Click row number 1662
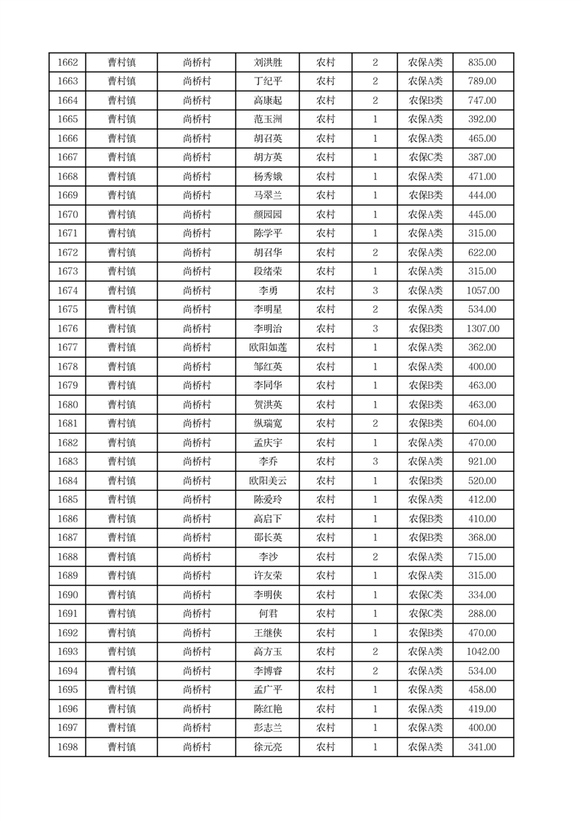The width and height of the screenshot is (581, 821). [x=67, y=62]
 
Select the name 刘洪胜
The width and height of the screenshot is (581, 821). [x=267, y=62]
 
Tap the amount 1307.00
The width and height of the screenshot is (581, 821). [x=482, y=329]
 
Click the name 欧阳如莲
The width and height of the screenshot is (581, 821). [x=267, y=348]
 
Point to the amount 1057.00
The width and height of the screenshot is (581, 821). [x=482, y=290]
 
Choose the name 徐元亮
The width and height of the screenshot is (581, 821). [x=267, y=747]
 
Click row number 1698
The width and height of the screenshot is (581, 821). [x=67, y=747]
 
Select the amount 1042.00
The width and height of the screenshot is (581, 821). [x=482, y=652]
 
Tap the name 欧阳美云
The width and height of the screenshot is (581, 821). [x=267, y=481]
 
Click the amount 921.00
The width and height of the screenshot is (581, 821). [x=482, y=462]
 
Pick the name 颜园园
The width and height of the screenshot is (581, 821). [x=267, y=214]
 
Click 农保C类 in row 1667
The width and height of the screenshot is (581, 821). [x=425, y=157]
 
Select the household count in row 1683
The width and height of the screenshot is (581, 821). [x=375, y=462]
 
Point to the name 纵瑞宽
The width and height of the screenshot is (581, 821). [x=267, y=424]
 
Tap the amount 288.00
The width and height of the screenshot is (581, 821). [x=482, y=614]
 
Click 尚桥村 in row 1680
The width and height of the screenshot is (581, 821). [x=197, y=405]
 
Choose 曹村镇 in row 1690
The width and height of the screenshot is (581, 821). [x=121, y=595]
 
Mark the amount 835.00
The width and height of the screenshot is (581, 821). [x=482, y=62]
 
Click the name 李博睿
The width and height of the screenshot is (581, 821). [x=267, y=671]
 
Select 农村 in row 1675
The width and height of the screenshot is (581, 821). [x=326, y=310]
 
